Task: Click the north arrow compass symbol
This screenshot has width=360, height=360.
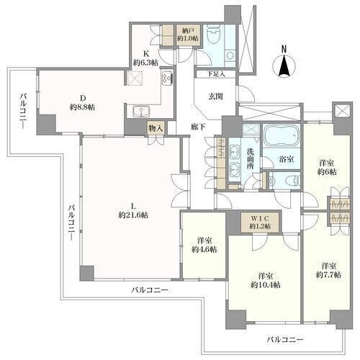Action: point(284,66)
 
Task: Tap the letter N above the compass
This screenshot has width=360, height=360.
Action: point(284,49)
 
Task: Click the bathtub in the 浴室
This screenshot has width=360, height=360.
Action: point(282,136)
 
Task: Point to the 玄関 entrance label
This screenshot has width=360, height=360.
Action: point(215,96)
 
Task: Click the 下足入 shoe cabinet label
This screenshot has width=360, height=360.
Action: point(216,74)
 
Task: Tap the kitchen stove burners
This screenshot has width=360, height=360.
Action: point(167,78)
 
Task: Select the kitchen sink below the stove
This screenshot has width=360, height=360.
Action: point(142,112)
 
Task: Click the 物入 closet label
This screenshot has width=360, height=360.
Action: point(156,129)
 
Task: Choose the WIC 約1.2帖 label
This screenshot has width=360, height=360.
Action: point(261,222)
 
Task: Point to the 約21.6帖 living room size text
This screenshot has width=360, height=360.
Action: point(133,215)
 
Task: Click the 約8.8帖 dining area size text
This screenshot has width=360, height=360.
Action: point(82,107)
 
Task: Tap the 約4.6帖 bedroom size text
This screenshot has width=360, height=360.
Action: point(204,250)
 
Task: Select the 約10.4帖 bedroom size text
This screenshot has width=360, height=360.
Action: point(266,284)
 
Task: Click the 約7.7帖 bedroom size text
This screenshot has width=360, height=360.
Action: point(328,274)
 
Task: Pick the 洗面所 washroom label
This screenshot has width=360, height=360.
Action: point(251,159)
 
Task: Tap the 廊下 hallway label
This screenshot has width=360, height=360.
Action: point(198,127)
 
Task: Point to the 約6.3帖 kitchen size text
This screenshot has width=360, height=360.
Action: point(146,63)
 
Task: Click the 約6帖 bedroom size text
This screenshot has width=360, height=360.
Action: point(327,172)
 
